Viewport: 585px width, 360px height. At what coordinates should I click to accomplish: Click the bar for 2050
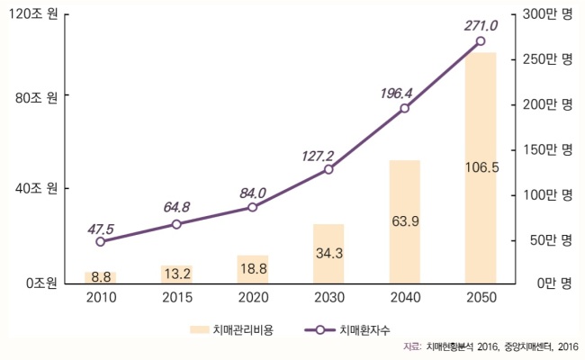coord(481,168)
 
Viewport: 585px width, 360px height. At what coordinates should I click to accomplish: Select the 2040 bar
coord(405,222)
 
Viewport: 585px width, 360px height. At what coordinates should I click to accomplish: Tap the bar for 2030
coord(328,254)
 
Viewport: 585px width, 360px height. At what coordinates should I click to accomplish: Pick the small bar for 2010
coord(101,278)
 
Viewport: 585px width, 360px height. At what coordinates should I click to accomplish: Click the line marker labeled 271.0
coord(481,41)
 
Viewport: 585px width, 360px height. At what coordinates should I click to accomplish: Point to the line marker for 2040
coord(404,109)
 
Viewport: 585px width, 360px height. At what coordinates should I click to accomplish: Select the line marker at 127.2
coord(328,169)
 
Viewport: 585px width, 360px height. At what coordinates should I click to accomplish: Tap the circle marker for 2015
coord(176,224)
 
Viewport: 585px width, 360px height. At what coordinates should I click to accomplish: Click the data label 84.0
coord(253,193)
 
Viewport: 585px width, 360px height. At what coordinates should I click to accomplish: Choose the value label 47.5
coord(101,229)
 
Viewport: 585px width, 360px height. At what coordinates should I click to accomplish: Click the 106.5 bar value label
coord(481,168)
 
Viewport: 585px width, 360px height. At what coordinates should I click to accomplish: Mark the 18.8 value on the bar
coord(254,268)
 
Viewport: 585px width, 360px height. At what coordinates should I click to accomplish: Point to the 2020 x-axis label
coord(253,297)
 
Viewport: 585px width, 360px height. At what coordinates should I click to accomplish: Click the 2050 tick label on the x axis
coord(481,297)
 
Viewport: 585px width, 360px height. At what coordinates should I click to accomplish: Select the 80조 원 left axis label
coord(36,98)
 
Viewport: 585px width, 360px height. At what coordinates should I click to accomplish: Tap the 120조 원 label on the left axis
coord(32,14)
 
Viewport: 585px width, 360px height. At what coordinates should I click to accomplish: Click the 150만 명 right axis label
coord(547,149)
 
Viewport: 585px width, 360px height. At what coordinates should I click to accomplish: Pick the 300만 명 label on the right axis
coord(547,14)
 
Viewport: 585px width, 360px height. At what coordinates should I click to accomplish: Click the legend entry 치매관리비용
coord(231,329)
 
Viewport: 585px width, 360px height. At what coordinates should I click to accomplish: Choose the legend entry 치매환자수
coord(347,329)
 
